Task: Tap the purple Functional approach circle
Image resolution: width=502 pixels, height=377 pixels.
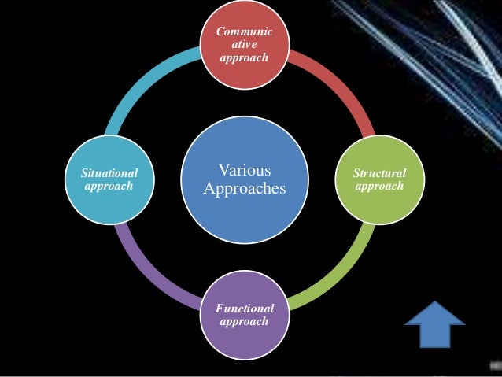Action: [245, 315]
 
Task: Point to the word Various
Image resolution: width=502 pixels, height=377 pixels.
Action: [244, 171]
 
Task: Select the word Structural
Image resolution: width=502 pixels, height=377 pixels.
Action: [379, 173]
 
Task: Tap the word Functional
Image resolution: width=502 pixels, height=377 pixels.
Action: [245, 309]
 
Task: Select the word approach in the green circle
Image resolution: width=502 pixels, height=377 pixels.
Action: [379, 187]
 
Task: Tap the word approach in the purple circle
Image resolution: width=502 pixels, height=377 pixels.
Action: [245, 322]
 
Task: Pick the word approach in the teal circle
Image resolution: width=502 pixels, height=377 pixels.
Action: [109, 187]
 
